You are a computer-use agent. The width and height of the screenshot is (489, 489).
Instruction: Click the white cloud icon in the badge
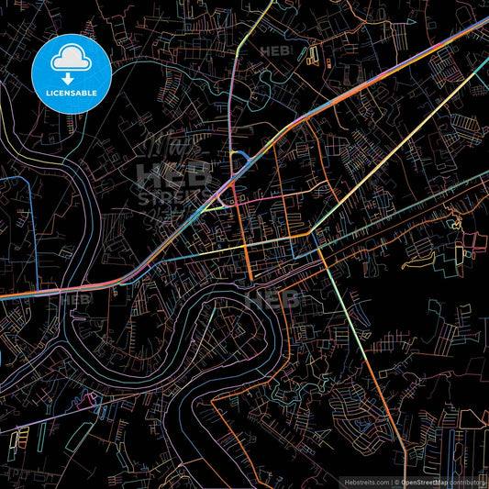[71, 60]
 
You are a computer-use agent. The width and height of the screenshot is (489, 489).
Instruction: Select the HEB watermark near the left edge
[75, 299]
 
